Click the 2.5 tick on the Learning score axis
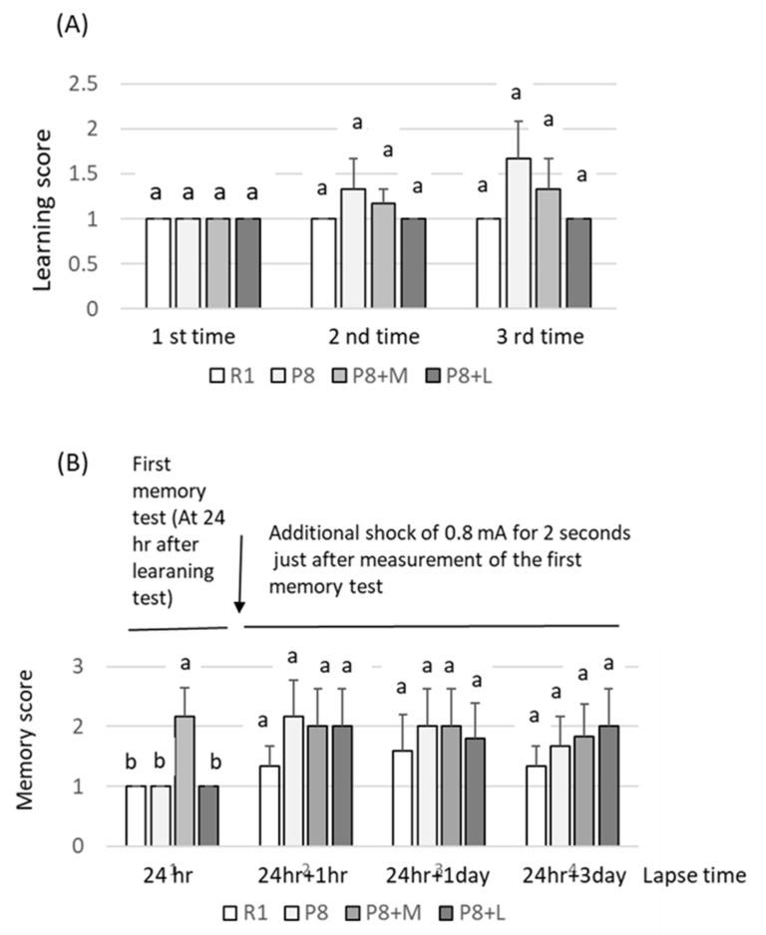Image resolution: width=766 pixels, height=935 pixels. click(93, 84)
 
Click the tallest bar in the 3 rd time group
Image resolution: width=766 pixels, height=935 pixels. click(517, 233)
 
